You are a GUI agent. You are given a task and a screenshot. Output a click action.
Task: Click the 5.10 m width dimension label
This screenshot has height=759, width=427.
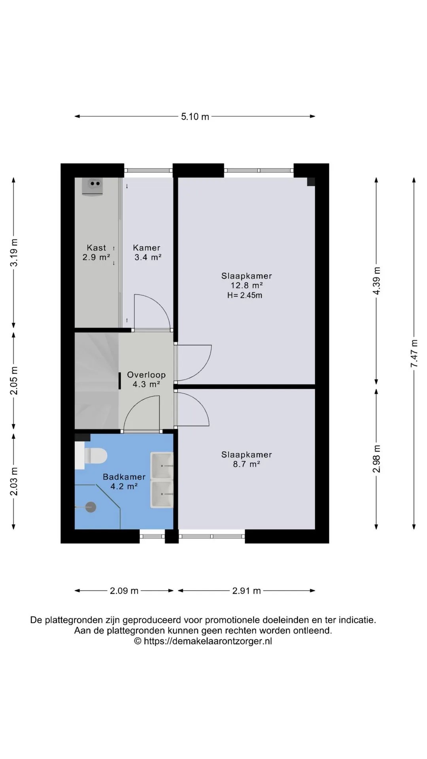click(195, 117)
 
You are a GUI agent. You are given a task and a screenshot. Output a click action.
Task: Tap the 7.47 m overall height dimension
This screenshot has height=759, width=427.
click(414, 353)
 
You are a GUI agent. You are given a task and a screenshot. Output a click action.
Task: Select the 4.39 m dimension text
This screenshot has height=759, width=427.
click(376, 280)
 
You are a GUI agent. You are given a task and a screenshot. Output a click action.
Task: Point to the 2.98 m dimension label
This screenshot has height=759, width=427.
click(376, 459)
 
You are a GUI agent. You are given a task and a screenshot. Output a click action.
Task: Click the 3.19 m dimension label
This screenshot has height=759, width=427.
click(14, 252)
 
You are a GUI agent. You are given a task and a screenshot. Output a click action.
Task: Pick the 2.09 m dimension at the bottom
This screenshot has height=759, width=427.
click(124, 591)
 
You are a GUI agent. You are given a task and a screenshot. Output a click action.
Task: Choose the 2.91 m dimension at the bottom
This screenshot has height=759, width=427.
click(246, 591)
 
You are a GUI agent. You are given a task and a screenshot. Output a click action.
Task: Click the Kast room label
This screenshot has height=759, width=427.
click(96, 248)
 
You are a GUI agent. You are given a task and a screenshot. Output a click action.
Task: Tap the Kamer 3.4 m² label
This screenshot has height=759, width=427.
click(147, 253)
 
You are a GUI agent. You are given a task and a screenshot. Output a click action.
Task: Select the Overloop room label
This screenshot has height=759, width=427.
click(146, 375)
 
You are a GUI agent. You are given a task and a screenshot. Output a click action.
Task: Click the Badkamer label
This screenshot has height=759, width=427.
click(124, 477)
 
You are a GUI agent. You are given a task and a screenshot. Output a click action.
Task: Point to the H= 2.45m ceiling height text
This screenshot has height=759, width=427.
click(245, 295)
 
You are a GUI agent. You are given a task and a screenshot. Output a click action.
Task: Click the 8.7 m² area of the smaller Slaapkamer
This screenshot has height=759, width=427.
click(246, 464)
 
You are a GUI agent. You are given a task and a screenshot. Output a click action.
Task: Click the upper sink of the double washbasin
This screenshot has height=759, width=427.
click(162, 466)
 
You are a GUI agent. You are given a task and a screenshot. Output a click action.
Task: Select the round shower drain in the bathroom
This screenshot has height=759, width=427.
click(91, 507)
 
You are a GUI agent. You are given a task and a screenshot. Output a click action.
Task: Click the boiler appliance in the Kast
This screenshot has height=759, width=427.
click(93, 186)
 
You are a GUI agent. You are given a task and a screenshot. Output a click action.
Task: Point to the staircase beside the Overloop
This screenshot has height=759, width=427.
click(97, 381)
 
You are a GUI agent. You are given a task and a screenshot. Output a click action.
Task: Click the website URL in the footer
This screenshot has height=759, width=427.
click(208, 641)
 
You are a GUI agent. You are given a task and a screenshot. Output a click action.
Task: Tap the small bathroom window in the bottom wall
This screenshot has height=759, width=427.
click(152, 536)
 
